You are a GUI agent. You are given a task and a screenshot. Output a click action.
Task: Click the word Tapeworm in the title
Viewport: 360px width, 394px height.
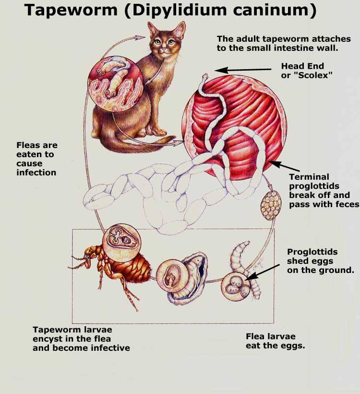(x=71, y=11)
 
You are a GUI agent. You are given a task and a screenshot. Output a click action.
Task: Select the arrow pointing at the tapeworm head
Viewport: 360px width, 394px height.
(x=243, y=70)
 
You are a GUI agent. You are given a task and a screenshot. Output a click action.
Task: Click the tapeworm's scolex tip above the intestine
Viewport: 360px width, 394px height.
(x=205, y=75)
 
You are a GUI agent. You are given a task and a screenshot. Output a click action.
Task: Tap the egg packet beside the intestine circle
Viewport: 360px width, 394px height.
(x=271, y=205)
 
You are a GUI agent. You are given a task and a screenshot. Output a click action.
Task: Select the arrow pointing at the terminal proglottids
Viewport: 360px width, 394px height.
(x=285, y=166)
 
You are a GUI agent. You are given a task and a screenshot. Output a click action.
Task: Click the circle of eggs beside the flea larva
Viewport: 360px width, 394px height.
(x=236, y=287)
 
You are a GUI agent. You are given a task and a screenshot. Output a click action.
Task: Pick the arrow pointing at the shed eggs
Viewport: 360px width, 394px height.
(x=262, y=272)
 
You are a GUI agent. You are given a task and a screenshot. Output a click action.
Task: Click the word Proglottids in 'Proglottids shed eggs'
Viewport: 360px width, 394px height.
(x=312, y=252)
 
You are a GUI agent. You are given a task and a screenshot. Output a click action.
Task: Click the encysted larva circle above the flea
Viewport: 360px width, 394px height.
(x=122, y=240)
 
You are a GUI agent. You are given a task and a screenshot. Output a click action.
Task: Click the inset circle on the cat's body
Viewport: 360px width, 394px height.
(x=116, y=84)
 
